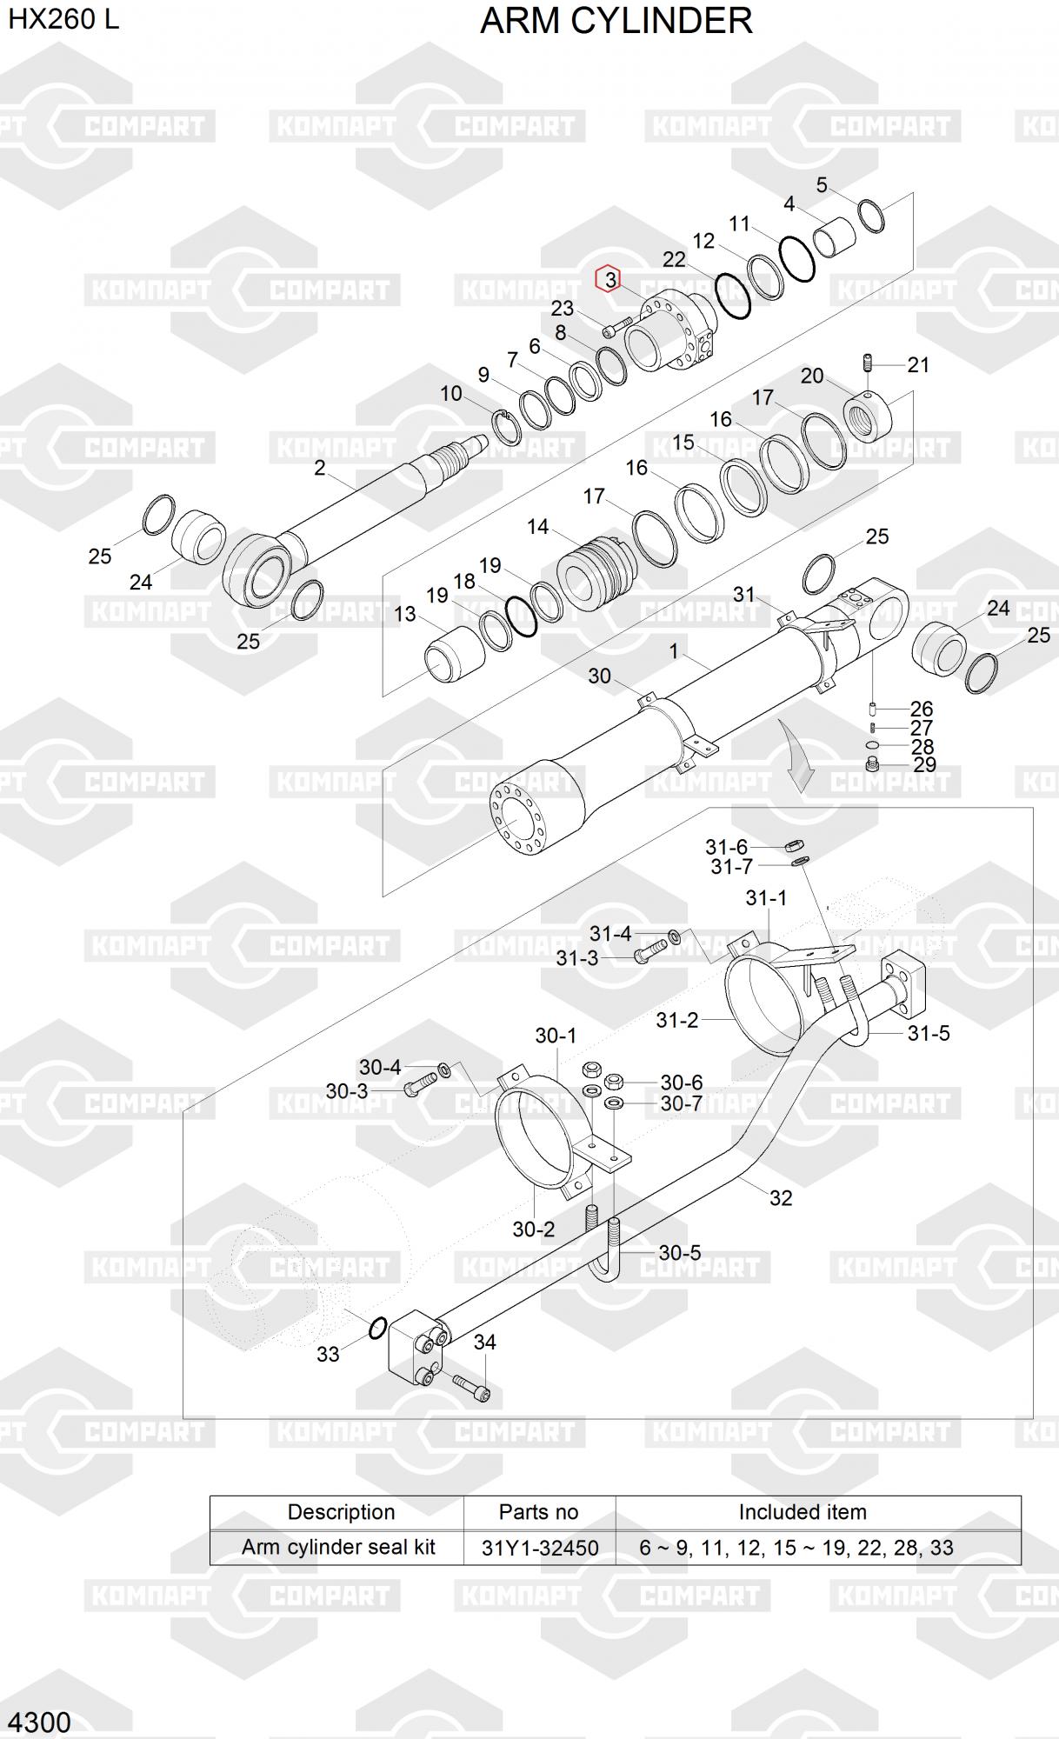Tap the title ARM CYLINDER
click(x=616, y=21)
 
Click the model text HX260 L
click(x=63, y=19)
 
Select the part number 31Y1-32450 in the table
click(x=539, y=1547)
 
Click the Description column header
click(x=341, y=1512)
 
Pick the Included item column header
click(x=802, y=1512)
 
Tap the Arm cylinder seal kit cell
click(x=338, y=1547)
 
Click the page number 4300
click(x=39, y=1722)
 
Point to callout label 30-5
click(x=679, y=1253)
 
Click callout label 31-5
click(x=928, y=1033)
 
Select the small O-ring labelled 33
click(x=377, y=1328)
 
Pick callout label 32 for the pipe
click(x=781, y=1197)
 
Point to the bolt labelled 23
click(x=615, y=328)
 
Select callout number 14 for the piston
click(x=537, y=527)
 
